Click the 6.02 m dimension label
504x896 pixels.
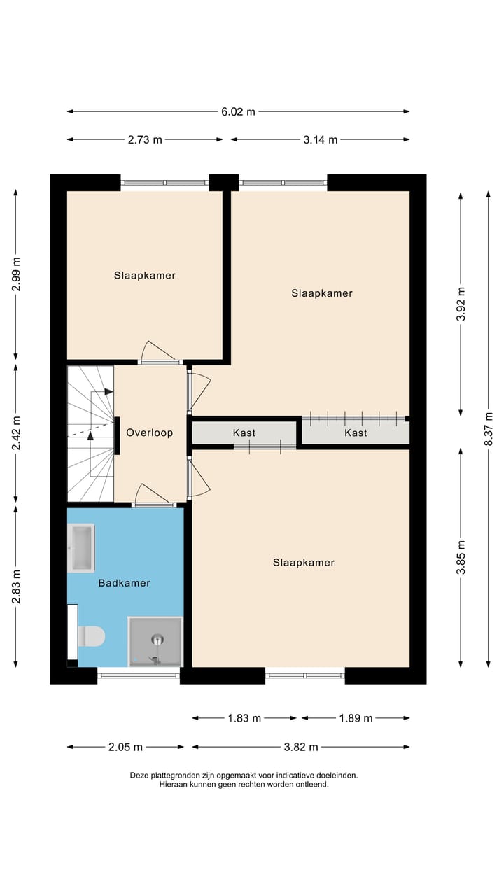[238, 111]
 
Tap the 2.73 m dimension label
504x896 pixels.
[145, 139]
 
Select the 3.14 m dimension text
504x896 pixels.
[320, 139]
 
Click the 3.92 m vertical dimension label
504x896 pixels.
[460, 304]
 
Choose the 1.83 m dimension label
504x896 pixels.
[244, 717]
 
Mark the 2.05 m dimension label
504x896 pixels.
[126, 747]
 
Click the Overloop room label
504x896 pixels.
[149, 433]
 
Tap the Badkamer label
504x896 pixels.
[124, 582]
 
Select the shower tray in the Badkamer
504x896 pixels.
[155, 641]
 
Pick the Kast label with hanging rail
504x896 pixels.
[356, 433]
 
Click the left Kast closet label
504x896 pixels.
[244, 433]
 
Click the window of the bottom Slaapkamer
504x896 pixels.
[305, 675]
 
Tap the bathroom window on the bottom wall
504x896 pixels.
[139, 675]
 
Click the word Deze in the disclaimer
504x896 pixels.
[140, 775]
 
